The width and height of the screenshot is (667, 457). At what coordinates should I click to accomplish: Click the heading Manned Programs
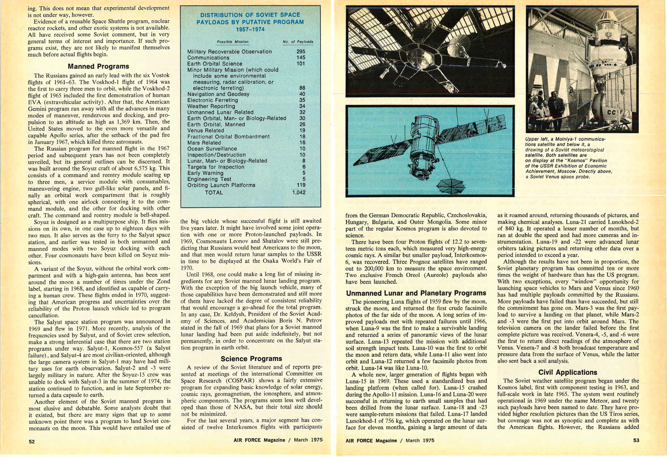(x=98, y=66)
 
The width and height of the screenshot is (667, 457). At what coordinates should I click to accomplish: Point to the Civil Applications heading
(x=568, y=372)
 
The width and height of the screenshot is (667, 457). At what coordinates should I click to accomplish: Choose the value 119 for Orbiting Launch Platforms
(x=301, y=185)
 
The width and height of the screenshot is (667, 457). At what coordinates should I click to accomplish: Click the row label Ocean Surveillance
(x=212, y=149)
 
